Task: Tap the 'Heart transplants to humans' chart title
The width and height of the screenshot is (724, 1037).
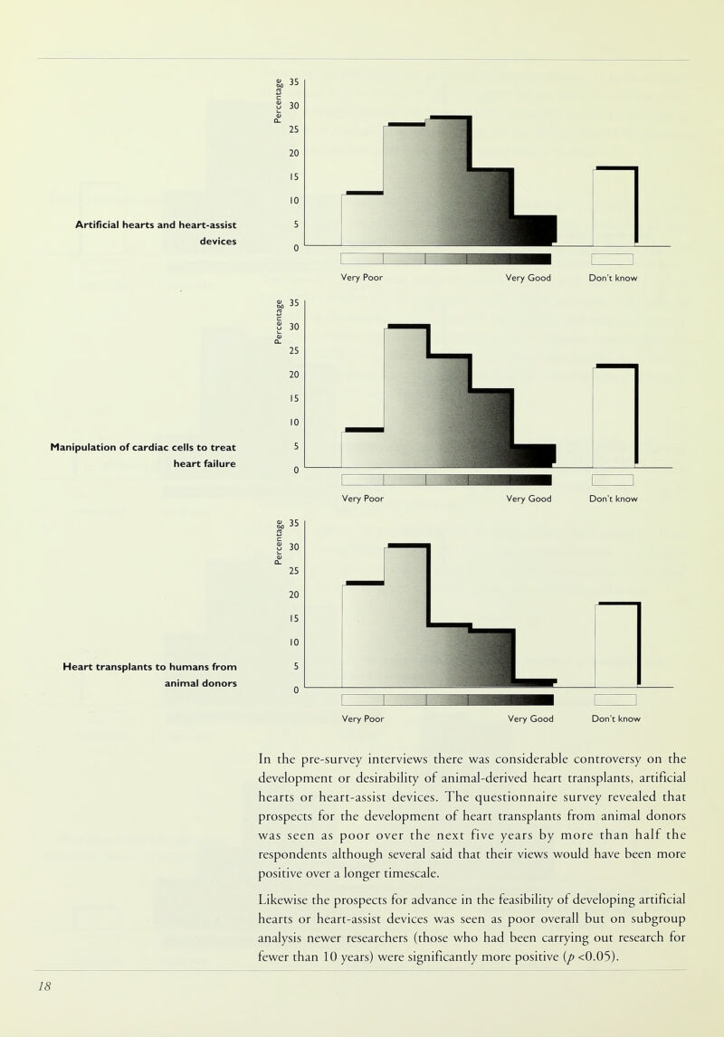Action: (x=150, y=675)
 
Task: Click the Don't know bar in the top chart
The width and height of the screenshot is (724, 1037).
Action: (x=614, y=206)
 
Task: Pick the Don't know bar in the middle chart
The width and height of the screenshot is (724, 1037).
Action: (x=614, y=416)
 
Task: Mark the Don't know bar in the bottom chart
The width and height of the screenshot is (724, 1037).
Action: (x=616, y=644)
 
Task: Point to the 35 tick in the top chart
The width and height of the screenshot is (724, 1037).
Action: (x=295, y=82)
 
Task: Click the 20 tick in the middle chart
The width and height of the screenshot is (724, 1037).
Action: (x=295, y=374)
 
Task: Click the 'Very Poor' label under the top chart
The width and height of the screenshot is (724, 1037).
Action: (x=362, y=279)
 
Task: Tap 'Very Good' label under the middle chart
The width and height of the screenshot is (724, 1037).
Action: (x=529, y=499)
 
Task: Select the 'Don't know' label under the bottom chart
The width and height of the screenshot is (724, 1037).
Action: (x=616, y=719)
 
